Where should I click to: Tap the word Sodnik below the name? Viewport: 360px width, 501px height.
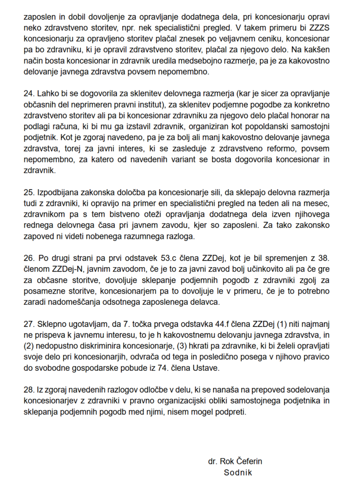pos(238,473)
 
